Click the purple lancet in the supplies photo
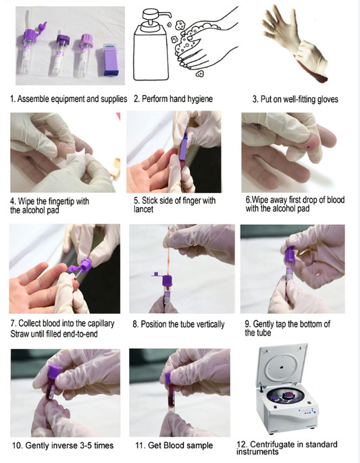[111, 59]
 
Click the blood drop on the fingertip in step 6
[309, 146]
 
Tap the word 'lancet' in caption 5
[143, 210]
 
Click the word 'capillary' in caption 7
[99, 323]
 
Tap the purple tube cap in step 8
[167, 280]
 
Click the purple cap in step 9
[290, 254]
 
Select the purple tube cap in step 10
[54, 373]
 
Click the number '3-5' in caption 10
[84, 445]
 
